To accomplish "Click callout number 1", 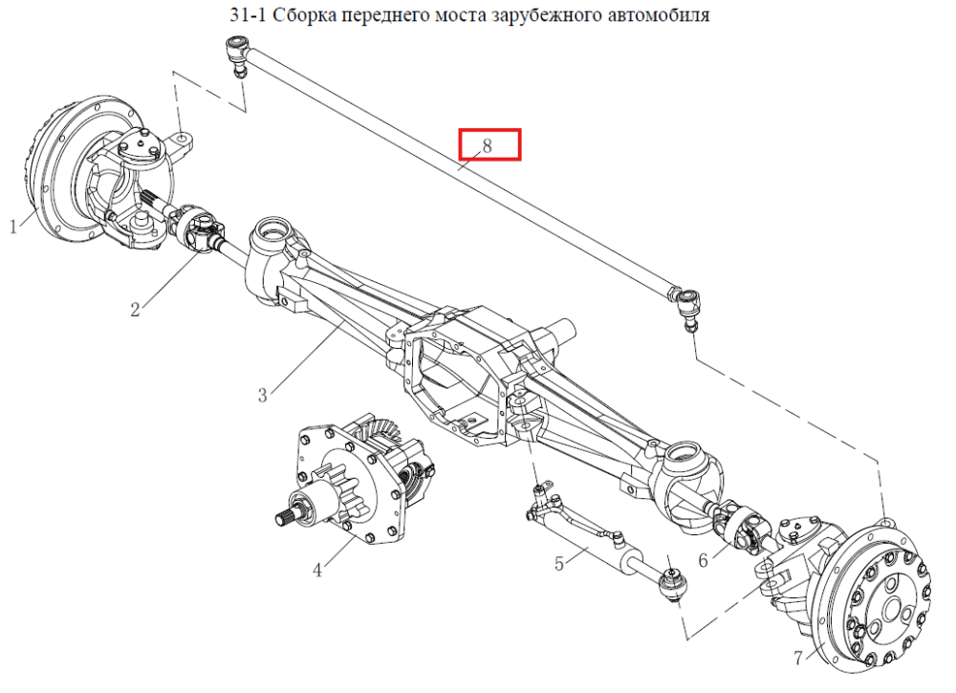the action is [13, 227].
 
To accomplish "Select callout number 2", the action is [136, 309].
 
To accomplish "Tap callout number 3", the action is [263, 395].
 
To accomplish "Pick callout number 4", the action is [317, 571].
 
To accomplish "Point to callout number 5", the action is [559, 563].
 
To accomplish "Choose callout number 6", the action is [703, 559].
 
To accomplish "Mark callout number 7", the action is [798, 658].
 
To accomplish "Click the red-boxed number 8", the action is [487, 145].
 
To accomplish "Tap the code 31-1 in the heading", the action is [249, 13].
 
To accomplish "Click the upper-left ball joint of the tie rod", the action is [238, 54].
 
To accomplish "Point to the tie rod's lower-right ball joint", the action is [687, 308].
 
